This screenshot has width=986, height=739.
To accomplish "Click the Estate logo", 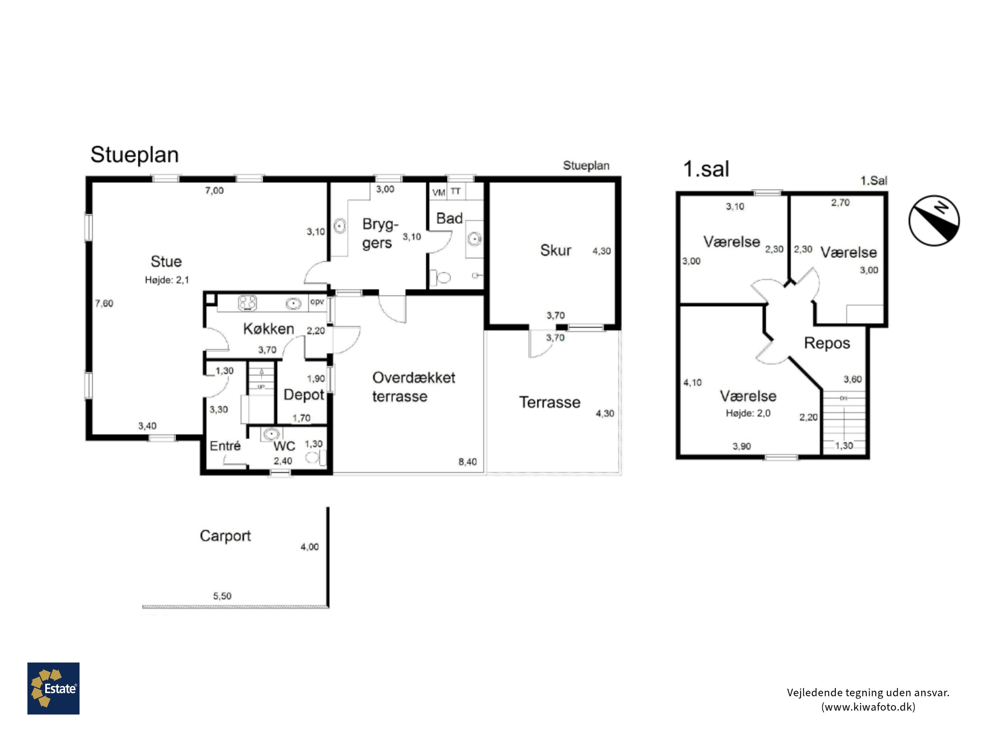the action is pos(54,688).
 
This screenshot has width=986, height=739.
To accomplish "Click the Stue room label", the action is pos(166,261).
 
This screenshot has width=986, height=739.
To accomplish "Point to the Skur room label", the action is pos(555,250).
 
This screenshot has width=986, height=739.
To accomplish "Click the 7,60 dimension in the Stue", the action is pos(104,303).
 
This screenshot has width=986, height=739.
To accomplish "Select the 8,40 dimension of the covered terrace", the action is pos(468,462).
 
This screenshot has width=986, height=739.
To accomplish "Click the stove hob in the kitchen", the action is pos(247,303).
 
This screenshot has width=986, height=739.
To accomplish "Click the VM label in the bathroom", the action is pos(439,192).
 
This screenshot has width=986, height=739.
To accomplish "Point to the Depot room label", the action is pos(304,395).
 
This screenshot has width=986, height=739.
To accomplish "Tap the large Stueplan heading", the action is pos(135,155).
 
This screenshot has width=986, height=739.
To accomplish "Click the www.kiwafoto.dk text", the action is pos(868,707).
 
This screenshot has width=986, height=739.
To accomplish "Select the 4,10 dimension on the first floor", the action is pos(692,383).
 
